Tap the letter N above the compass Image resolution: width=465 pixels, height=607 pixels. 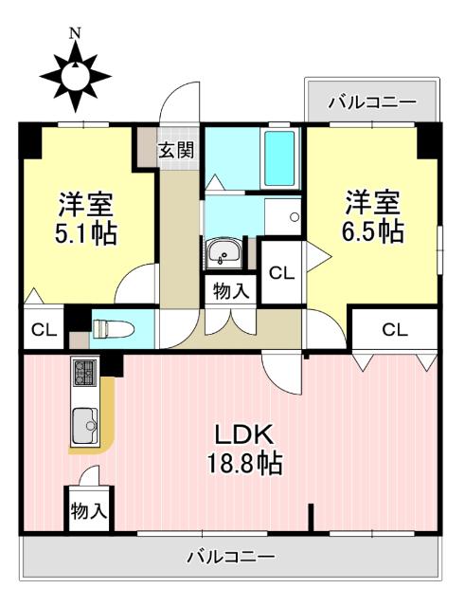(x=75, y=33)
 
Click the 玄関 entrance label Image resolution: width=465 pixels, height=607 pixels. (x=176, y=149)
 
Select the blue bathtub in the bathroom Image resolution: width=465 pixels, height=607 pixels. (x=279, y=157)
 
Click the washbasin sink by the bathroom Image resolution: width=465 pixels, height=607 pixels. (x=224, y=253)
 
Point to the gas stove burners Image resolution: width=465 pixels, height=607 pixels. (x=82, y=373)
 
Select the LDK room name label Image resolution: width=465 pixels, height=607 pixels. (x=243, y=435)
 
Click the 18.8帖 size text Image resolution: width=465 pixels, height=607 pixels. (x=244, y=464)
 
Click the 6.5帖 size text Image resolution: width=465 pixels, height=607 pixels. (x=372, y=230)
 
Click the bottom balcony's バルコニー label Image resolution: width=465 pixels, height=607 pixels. (x=230, y=557)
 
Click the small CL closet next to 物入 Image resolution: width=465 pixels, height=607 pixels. (x=281, y=273)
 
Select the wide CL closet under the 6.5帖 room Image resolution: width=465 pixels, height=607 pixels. (x=395, y=330)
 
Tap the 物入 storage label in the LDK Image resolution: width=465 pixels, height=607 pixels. (x=89, y=510)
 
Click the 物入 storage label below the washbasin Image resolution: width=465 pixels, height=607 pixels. (x=230, y=291)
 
